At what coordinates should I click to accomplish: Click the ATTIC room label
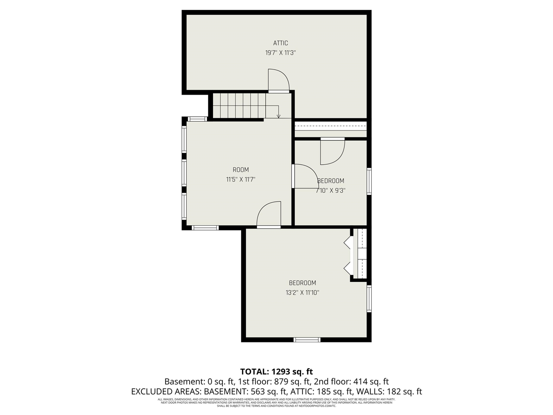point(280,43)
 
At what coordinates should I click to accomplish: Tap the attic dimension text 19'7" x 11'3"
point(280,53)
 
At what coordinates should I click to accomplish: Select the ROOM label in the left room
point(241,169)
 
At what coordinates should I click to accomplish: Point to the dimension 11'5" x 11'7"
point(241,179)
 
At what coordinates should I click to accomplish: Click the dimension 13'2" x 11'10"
point(302,293)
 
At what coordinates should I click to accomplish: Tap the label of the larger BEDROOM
point(302,283)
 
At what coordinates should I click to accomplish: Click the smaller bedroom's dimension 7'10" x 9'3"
point(331,190)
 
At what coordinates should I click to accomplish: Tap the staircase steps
point(238,105)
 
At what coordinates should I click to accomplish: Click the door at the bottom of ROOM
point(269,215)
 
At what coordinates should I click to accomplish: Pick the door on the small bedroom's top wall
point(332,151)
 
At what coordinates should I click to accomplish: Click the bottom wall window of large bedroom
point(307,340)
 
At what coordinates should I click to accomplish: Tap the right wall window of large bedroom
point(369,298)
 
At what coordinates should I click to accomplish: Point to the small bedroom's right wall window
point(369,181)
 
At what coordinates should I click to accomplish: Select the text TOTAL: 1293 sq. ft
point(276,371)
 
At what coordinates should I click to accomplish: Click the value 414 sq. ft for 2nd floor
point(370,382)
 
